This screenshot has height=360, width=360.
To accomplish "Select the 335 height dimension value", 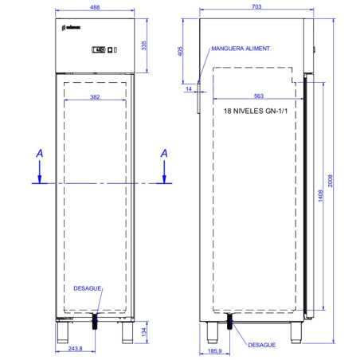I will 143,45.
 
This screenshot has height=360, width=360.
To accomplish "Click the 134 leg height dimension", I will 143,331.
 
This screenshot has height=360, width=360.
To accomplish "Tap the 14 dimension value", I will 189,88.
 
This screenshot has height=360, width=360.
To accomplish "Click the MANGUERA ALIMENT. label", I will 241,48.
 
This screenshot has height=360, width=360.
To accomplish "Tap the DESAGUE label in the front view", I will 88,289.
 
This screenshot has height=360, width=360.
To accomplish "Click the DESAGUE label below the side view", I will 261,345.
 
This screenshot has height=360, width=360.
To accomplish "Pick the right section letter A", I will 164,151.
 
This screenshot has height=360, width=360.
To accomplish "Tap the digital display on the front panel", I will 100,52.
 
